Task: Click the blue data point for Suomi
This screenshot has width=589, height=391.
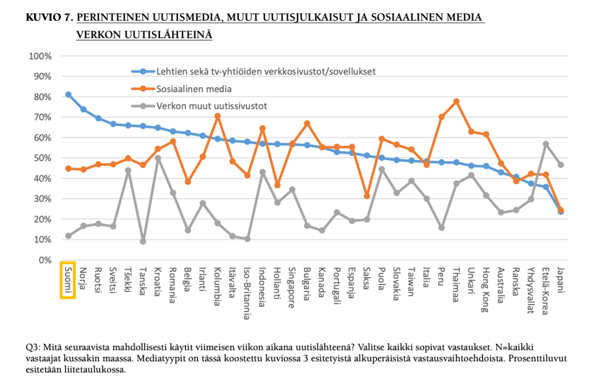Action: (x=68, y=94)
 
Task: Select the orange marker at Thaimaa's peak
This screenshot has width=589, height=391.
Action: (x=457, y=101)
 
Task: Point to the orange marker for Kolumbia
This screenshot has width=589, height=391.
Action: (x=218, y=116)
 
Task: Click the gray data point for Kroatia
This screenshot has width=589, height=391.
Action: (x=158, y=158)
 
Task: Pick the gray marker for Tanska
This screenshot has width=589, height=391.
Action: (x=143, y=241)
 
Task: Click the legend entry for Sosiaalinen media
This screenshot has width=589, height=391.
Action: (x=195, y=89)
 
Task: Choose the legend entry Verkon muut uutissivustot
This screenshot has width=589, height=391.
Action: (x=212, y=106)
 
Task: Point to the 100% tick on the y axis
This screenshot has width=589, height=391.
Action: (x=40, y=56)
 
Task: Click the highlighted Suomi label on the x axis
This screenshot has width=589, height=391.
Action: (x=68, y=280)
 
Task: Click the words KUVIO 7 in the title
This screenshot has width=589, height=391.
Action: (x=48, y=18)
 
